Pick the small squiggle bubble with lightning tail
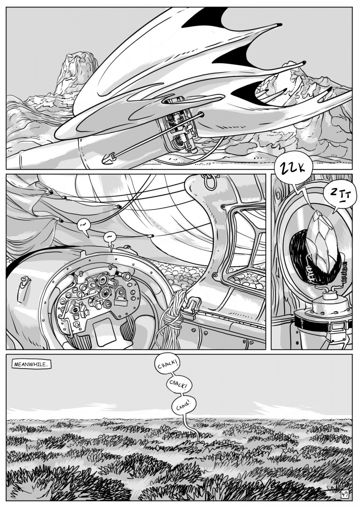click(x=110, y=239)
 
